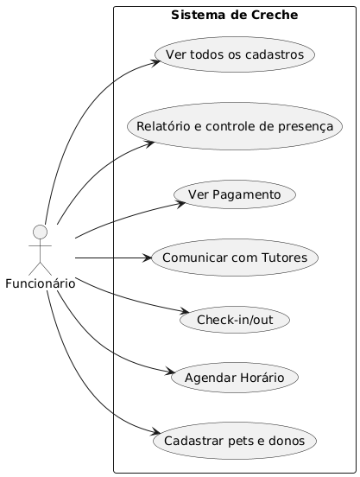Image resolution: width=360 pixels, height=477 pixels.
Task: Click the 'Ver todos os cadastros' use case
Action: pyautogui.click(x=235, y=54)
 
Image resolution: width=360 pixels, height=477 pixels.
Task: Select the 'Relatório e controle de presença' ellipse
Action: pyautogui.click(x=235, y=126)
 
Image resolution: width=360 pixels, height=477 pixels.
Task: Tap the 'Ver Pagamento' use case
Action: pyautogui.click(x=235, y=194)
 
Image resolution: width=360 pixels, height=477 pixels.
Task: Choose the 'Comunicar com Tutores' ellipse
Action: pyautogui.click(x=235, y=258)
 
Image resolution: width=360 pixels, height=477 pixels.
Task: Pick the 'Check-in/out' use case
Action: pyautogui.click(x=235, y=320)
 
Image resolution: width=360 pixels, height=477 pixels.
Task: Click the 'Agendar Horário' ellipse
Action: pyautogui.click(x=235, y=378)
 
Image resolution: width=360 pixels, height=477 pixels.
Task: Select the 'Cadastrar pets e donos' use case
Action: pyautogui.click(x=235, y=441)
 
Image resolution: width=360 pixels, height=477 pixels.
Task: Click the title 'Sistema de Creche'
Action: pyautogui.click(x=235, y=15)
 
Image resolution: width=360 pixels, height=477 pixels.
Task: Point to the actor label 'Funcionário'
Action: pyautogui.click(x=41, y=283)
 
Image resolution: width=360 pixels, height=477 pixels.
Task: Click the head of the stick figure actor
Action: pyautogui.click(x=40, y=232)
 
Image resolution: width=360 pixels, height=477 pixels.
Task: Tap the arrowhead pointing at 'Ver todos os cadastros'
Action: pyautogui.click(x=156, y=62)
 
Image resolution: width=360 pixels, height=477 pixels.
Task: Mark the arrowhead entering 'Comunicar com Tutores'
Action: pyautogui.click(x=147, y=258)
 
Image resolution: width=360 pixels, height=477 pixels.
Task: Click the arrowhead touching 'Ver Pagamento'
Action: pyautogui.click(x=181, y=203)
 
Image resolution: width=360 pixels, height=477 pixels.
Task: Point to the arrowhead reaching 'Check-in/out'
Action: pyautogui.click(x=185, y=311)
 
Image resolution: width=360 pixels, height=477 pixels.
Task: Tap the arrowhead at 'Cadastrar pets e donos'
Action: pyautogui.click(x=156, y=432)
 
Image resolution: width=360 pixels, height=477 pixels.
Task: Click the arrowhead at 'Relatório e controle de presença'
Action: pyautogui.click(x=150, y=143)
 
